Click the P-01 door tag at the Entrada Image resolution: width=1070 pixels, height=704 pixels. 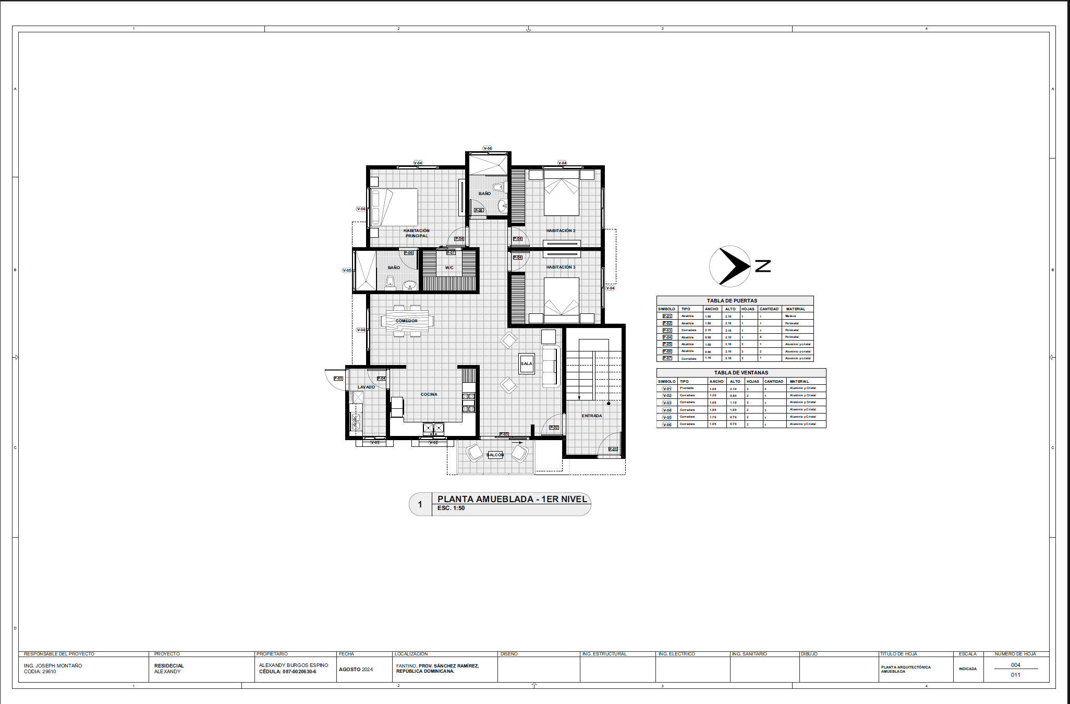(613, 449)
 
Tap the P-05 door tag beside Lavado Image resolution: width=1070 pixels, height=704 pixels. (338, 379)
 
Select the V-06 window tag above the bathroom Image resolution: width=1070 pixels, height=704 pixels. (488, 148)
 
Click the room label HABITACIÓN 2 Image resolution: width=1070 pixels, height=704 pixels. (561, 230)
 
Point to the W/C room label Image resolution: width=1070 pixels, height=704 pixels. (449, 268)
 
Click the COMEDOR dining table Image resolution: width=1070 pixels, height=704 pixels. (407, 321)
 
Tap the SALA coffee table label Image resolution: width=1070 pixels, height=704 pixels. (527, 363)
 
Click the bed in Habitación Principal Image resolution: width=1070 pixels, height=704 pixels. (395, 207)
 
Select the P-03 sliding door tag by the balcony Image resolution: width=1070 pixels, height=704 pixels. (504, 434)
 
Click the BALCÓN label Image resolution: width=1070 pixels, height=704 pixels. (495, 455)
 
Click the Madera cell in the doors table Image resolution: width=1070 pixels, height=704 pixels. (791, 316)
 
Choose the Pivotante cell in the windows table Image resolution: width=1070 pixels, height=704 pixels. (687, 388)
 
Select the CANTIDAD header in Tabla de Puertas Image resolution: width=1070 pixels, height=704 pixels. (769, 309)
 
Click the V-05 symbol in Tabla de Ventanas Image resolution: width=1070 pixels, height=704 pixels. (667, 417)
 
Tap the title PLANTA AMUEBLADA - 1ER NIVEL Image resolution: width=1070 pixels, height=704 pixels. (512, 499)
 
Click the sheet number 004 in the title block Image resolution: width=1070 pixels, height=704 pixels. (1015, 665)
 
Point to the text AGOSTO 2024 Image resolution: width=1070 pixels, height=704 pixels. (356, 669)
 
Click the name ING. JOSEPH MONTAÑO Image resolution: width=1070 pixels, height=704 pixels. (53, 665)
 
